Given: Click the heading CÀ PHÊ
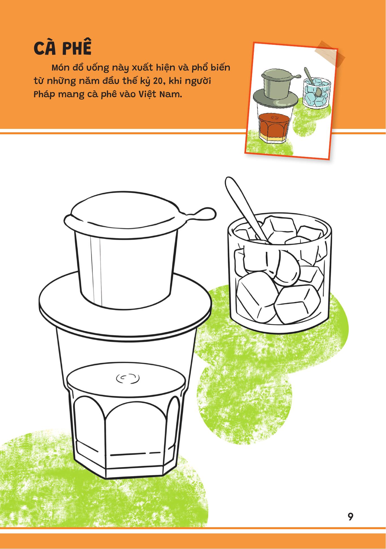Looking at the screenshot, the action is coord(63,48).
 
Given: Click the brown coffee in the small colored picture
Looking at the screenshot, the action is coord(274,125).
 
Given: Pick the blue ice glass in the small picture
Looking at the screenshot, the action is coord(317,92).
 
